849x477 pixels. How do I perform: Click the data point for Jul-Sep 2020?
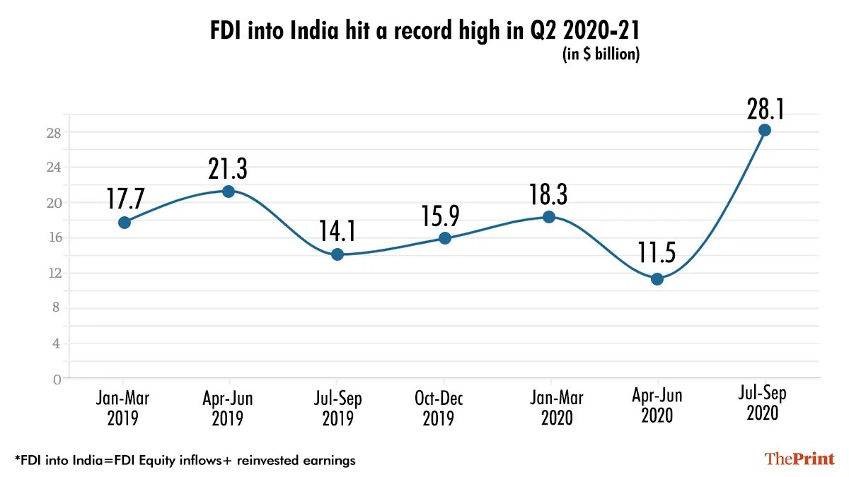coord(764,130)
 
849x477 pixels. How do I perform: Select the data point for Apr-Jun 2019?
coord(229,192)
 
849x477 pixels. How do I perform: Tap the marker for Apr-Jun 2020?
coord(657,279)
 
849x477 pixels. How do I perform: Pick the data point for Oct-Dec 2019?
coord(444,238)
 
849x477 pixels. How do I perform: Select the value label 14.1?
coord(337,230)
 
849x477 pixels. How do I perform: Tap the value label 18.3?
coord(550,193)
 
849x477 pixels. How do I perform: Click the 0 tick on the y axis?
coord(57,379)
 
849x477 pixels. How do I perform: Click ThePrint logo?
coord(799,459)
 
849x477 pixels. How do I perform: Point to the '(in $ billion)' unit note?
coord(601,55)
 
